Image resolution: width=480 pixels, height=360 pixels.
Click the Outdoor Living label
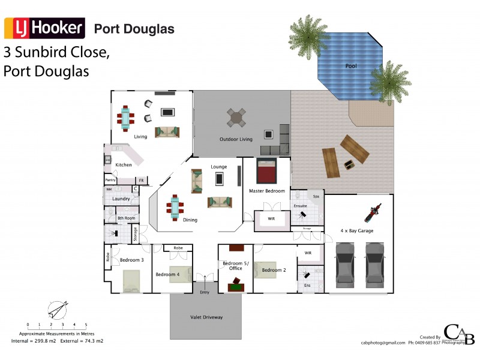tap(236, 139)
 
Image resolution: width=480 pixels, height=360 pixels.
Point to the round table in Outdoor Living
tap(236, 117)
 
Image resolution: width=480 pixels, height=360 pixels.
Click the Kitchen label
tap(124, 165)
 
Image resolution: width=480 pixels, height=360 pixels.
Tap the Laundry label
tap(121, 198)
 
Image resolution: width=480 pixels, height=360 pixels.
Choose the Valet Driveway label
tap(206, 317)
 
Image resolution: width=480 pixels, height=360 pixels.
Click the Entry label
tap(205, 292)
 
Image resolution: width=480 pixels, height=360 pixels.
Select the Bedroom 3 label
tap(131, 260)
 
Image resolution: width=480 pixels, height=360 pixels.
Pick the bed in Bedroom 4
tap(179, 274)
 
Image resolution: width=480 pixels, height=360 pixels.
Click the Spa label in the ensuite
tap(316, 196)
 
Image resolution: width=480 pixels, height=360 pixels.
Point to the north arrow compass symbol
tap(57, 310)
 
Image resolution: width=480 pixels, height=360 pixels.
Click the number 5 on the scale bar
tap(86, 324)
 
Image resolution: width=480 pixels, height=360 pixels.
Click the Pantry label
tap(110, 180)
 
